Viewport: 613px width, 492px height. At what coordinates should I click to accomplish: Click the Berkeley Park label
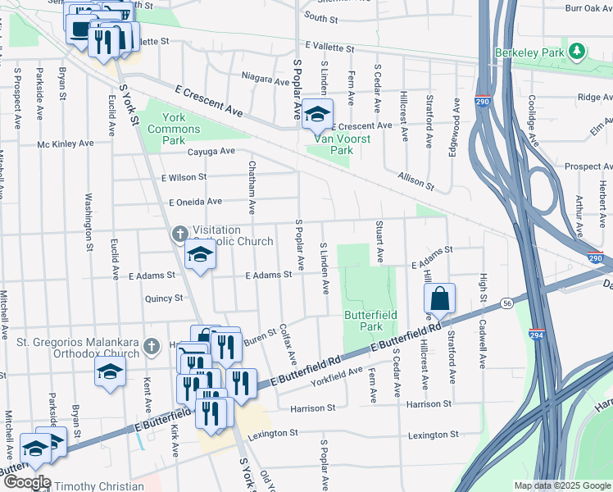point(532,52)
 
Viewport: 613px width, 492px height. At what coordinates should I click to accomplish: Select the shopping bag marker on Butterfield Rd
point(440,300)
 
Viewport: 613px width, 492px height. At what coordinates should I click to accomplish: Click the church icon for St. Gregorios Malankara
point(151,347)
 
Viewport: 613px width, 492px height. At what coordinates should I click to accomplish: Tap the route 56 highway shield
point(508,302)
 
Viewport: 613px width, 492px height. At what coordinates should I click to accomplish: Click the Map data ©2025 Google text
point(562,485)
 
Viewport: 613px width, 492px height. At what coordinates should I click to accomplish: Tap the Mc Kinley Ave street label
point(66,143)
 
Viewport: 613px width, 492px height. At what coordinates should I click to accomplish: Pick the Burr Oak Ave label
point(588,7)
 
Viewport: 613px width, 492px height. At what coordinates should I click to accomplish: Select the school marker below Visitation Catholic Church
point(199,254)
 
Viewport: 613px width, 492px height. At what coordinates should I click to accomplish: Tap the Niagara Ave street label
point(266,80)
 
